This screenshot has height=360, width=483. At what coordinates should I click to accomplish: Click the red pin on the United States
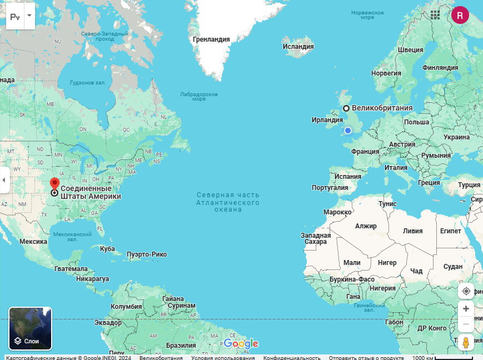(54, 183)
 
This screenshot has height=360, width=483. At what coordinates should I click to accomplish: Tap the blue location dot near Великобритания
(348, 131)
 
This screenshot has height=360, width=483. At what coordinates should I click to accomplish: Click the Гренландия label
(211, 39)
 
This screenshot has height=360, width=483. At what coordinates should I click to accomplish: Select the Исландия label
(298, 47)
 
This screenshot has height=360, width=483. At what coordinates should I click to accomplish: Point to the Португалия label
(330, 188)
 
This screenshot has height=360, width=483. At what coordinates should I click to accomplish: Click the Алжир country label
(366, 226)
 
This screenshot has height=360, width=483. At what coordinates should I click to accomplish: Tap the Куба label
(107, 248)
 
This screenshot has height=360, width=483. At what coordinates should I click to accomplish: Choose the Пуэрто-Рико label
(147, 254)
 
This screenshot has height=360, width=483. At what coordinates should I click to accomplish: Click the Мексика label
(33, 242)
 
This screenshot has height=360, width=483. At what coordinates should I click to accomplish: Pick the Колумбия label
(127, 307)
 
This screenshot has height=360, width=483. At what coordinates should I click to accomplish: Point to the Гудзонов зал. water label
(88, 83)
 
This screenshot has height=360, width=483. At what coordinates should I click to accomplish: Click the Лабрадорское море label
(198, 96)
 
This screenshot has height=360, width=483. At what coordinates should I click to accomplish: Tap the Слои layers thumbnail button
(31, 328)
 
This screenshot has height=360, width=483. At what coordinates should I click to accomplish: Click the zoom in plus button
(466, 309)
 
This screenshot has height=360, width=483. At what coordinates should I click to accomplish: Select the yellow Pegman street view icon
(466, 343)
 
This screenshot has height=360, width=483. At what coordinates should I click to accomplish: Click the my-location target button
(466, 291)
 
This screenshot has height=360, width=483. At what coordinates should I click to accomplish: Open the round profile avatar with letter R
(460, 15)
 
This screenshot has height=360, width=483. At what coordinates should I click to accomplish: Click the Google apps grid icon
(435, 15)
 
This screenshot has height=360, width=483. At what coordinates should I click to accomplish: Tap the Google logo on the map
(241, 344)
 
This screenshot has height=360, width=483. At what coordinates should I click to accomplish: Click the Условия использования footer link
(223, 358)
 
